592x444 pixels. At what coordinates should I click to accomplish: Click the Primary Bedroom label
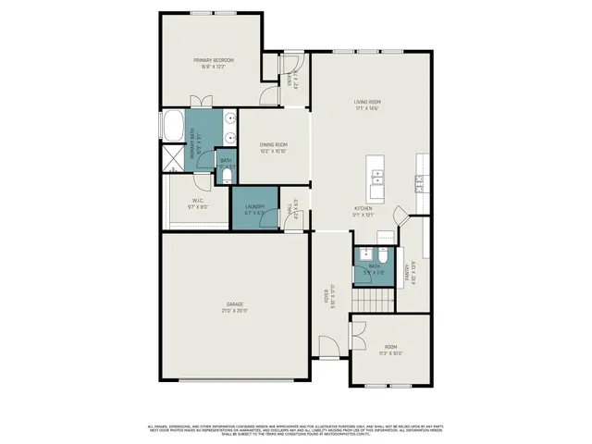coord(213,64)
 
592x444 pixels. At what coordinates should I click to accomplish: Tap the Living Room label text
coord(367,105)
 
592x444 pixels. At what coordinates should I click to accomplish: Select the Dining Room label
coord(273,147)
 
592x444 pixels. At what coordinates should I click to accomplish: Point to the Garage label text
coord(237,306)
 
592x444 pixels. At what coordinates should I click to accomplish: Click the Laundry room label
coord(254,209)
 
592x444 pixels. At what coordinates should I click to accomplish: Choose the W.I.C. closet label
coord(197,203)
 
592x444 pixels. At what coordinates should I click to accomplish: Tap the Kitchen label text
coord(363,212)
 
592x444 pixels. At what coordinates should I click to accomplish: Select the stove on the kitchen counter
coord(420,184)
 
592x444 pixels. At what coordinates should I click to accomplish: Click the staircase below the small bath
coord(374,301)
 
